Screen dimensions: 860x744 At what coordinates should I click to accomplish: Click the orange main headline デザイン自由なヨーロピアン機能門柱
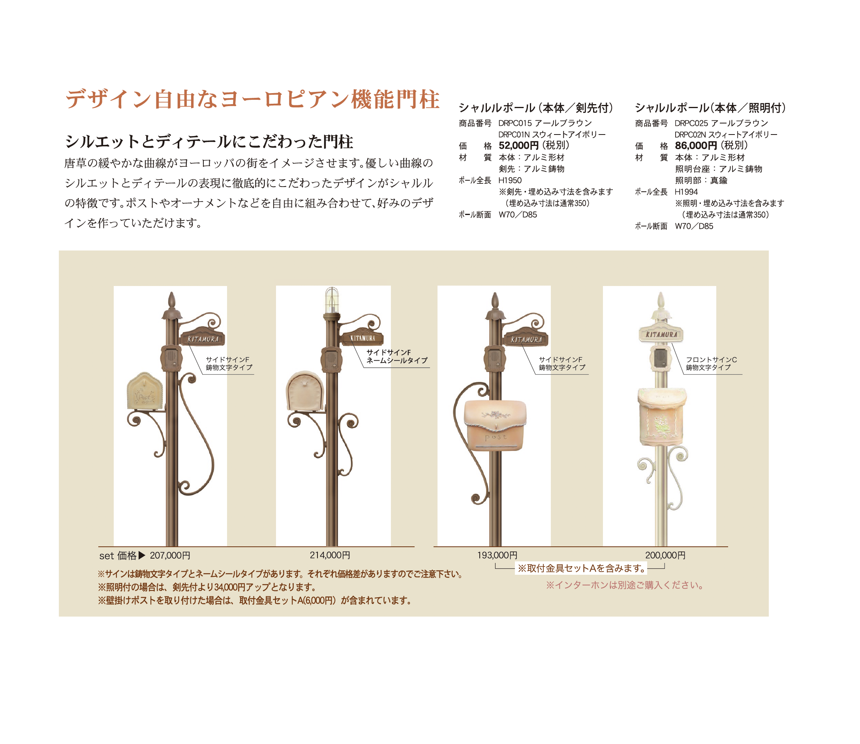(x=252, y=100)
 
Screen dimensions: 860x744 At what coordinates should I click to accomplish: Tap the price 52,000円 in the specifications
(x=518, y=146)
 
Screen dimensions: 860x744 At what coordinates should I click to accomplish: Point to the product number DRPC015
(x=515, y=123)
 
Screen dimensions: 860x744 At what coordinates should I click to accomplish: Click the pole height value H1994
(x=686, y=192)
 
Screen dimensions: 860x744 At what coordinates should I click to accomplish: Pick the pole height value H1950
(x=510, y=180)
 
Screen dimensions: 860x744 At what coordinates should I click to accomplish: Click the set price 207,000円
(x=170, y=555)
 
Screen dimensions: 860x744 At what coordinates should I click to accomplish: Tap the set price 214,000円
(x=330, y=555)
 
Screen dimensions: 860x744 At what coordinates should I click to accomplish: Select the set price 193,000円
(x=497, y=555)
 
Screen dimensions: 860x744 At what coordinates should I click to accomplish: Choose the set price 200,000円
(x=665, y=555)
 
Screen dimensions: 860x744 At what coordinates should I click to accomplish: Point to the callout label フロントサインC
(x=711, y=359)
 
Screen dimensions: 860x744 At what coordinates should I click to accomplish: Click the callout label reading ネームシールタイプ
(x=397, y=361)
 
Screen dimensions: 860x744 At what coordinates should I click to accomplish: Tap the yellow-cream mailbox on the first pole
(x=145, y=391)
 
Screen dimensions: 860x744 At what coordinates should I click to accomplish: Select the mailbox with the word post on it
(x=495, y=425)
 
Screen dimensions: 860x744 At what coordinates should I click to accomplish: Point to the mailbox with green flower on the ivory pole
(x=661, y=417)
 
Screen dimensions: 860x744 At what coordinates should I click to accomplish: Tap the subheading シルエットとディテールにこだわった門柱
(x=209, y=142)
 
